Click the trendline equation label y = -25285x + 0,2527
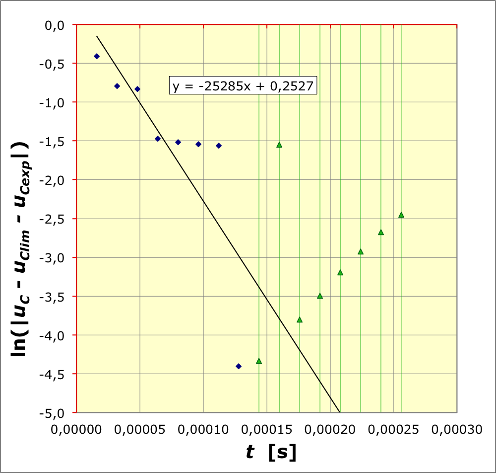[x=243, y=86]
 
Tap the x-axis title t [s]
[x=271, y=452]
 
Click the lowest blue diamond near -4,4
[x=239, y=366]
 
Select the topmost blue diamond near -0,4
[x=97, y=56]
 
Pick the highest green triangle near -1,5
[x=279, y=145]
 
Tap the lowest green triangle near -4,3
[x=259, y=361]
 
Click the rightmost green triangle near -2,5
[x=401, y=215]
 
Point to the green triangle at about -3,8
[x=300, y=319]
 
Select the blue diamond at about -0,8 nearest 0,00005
[x=137, y=89]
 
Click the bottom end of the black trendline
[x=340, y=412]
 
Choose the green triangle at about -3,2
[x=340, y=272]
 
